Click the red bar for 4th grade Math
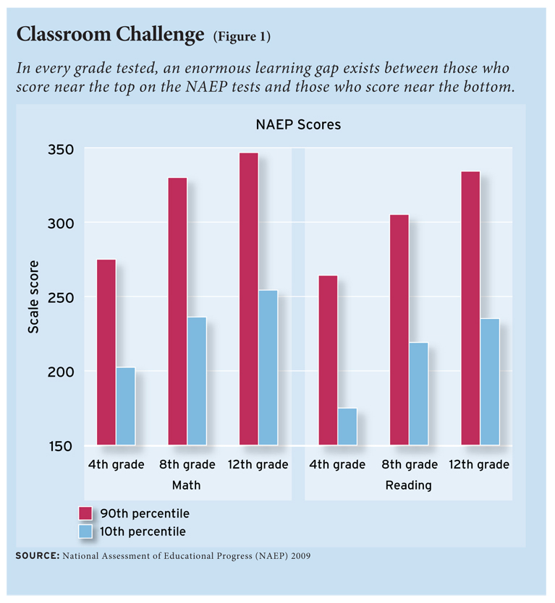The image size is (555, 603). [106, 352]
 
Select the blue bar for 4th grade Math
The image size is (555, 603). [125, 406]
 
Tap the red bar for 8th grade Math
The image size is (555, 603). [177, 311]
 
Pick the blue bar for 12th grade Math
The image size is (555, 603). [268, 367]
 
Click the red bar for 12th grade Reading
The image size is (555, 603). [470, 307]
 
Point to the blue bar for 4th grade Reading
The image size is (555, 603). [347, 427]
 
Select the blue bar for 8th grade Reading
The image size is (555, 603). [418, 393]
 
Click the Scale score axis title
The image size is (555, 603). [34, 297]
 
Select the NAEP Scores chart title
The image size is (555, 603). [298, 124]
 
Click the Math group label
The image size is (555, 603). [186, 485]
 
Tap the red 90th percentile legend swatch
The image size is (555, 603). [85, 513]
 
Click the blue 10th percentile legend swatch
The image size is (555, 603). [85, 531]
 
